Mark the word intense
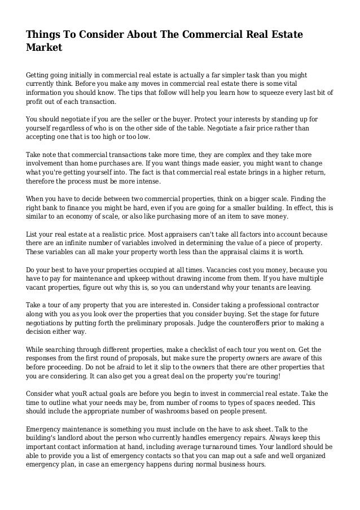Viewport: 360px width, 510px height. [148, 181]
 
